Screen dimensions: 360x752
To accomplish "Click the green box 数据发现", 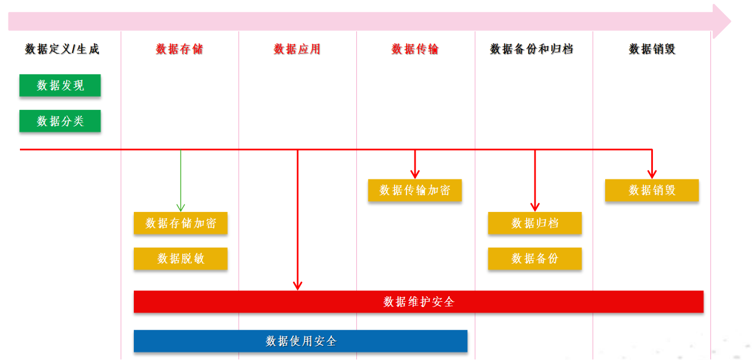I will [60, 85].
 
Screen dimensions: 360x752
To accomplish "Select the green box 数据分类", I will [60, 121].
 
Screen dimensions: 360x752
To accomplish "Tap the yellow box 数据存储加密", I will [180, 223].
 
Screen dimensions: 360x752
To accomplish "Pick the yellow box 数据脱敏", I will [180, 259].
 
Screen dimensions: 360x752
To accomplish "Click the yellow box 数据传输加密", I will [414, 190].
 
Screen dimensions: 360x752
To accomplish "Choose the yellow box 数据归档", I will [535, 223].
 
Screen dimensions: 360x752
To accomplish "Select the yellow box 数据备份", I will [535, 259].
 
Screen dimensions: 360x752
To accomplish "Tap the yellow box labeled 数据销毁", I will [652, 190].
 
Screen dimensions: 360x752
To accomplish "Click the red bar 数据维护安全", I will [418, 302].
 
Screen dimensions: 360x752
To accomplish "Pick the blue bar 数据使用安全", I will [301, 341].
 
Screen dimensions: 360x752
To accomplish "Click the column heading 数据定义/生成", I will [62, 50].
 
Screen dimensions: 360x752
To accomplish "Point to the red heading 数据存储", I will [179, 50].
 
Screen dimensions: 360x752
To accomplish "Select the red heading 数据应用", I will [297, 50].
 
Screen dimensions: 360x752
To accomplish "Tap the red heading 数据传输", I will [415, 50].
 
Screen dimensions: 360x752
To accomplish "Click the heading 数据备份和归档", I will [532, 50].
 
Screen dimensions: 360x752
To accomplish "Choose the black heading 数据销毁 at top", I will [652, 50].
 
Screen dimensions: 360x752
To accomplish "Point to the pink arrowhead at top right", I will [721, 22].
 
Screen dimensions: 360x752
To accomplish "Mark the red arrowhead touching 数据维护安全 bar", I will [297, 285].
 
